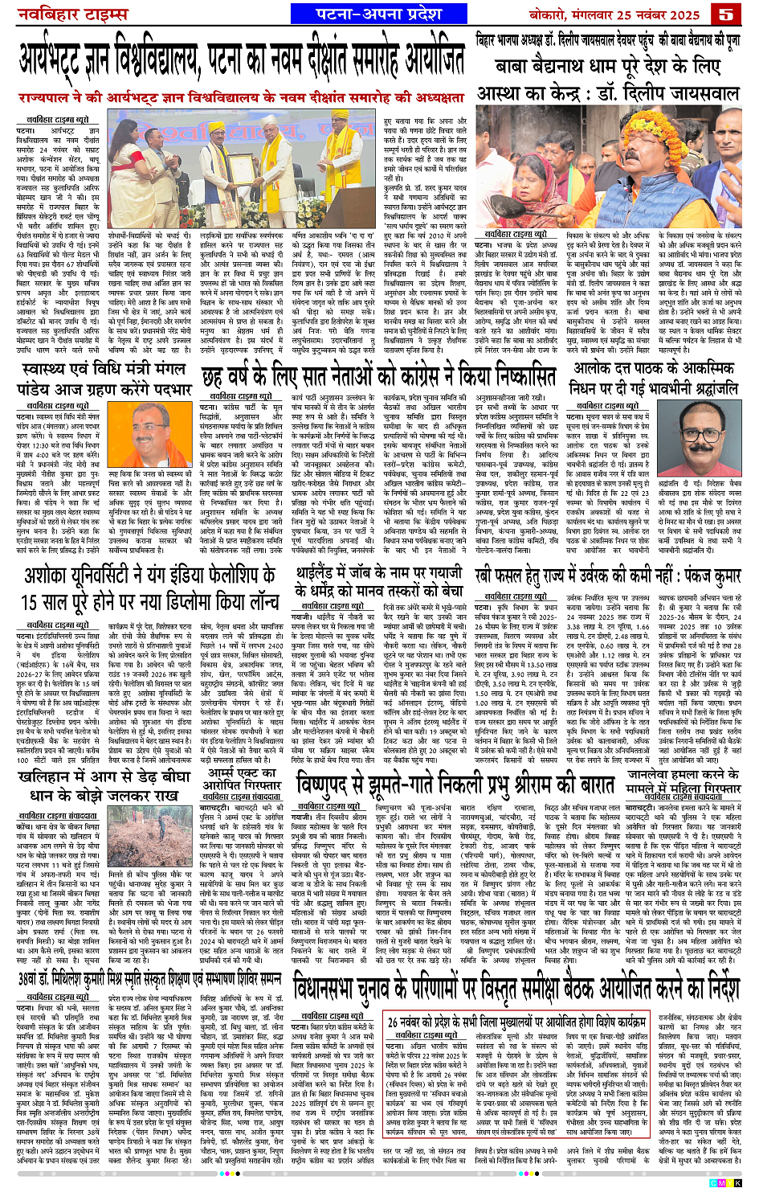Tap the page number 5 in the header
(x=727, y=14)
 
